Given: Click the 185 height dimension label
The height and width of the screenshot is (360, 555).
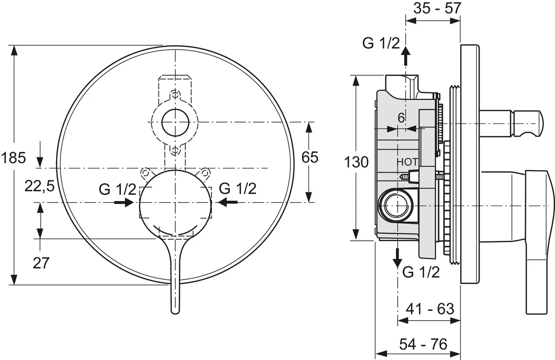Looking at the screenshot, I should [13, 159].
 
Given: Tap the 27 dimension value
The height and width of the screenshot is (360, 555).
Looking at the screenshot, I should [41, 262].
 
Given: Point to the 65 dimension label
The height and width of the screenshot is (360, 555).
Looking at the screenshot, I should [309, 158].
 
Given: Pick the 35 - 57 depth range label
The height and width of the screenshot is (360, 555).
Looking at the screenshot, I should [433, 8].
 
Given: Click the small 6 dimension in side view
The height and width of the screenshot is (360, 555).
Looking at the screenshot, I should [401, 118].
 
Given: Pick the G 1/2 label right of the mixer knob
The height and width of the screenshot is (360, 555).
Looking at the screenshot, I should [238, 189].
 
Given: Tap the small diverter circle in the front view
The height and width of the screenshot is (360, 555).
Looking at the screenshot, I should [175, 123].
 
